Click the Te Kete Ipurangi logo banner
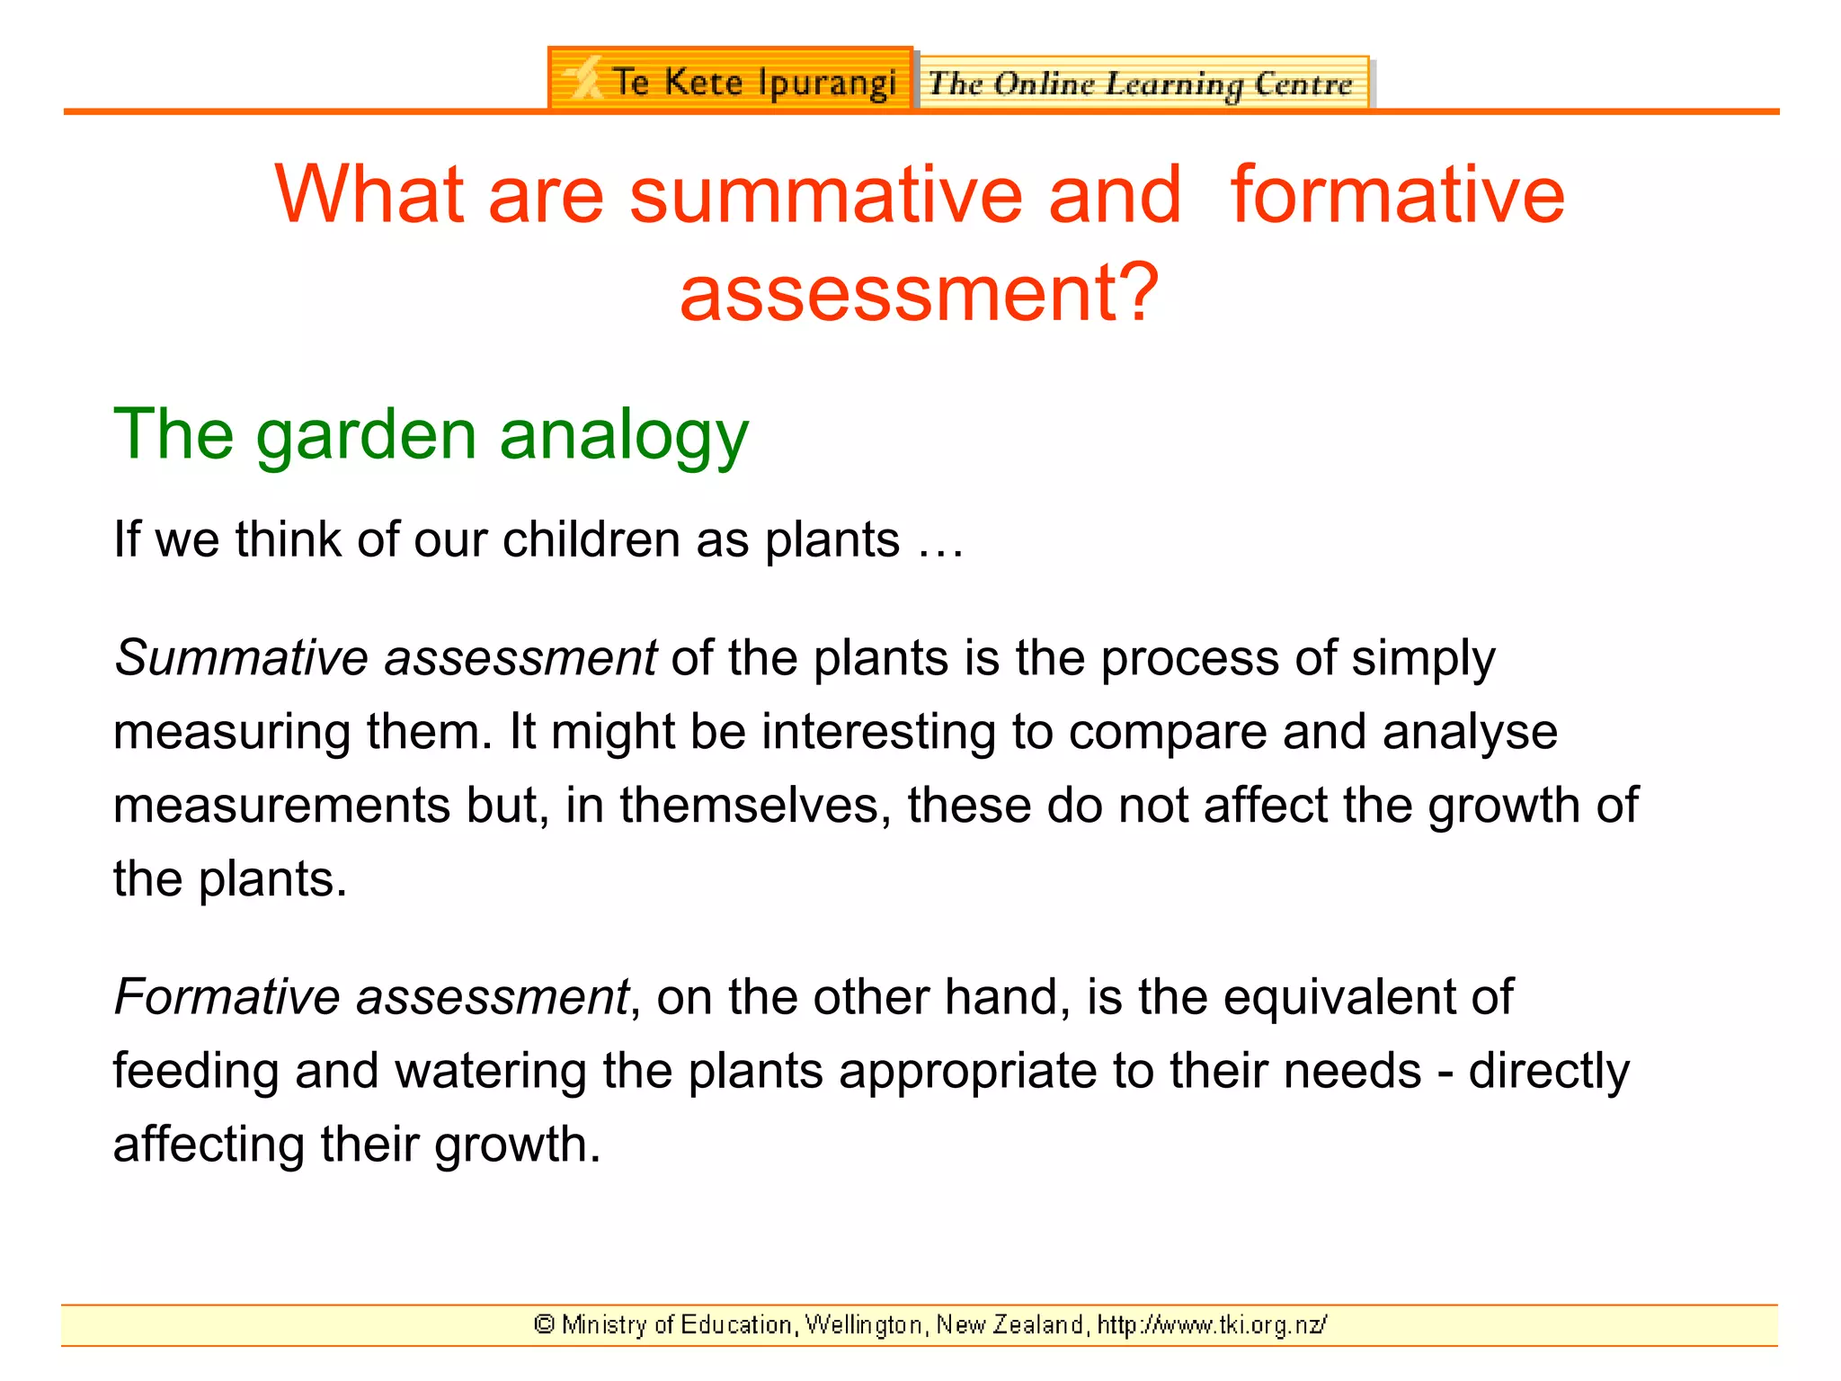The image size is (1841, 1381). [730, 80]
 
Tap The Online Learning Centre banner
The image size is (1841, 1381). [1142, 84]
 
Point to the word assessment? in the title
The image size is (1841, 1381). [919, 293]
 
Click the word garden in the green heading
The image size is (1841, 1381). [366, 435]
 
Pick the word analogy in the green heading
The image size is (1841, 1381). [623, 435]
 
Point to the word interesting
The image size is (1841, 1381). [878, 732]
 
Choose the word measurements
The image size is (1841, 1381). [280, 806]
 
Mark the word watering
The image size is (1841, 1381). [491, 1072]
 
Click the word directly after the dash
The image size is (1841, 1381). [1548, 1072]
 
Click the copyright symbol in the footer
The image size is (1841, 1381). [544, 1324]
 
